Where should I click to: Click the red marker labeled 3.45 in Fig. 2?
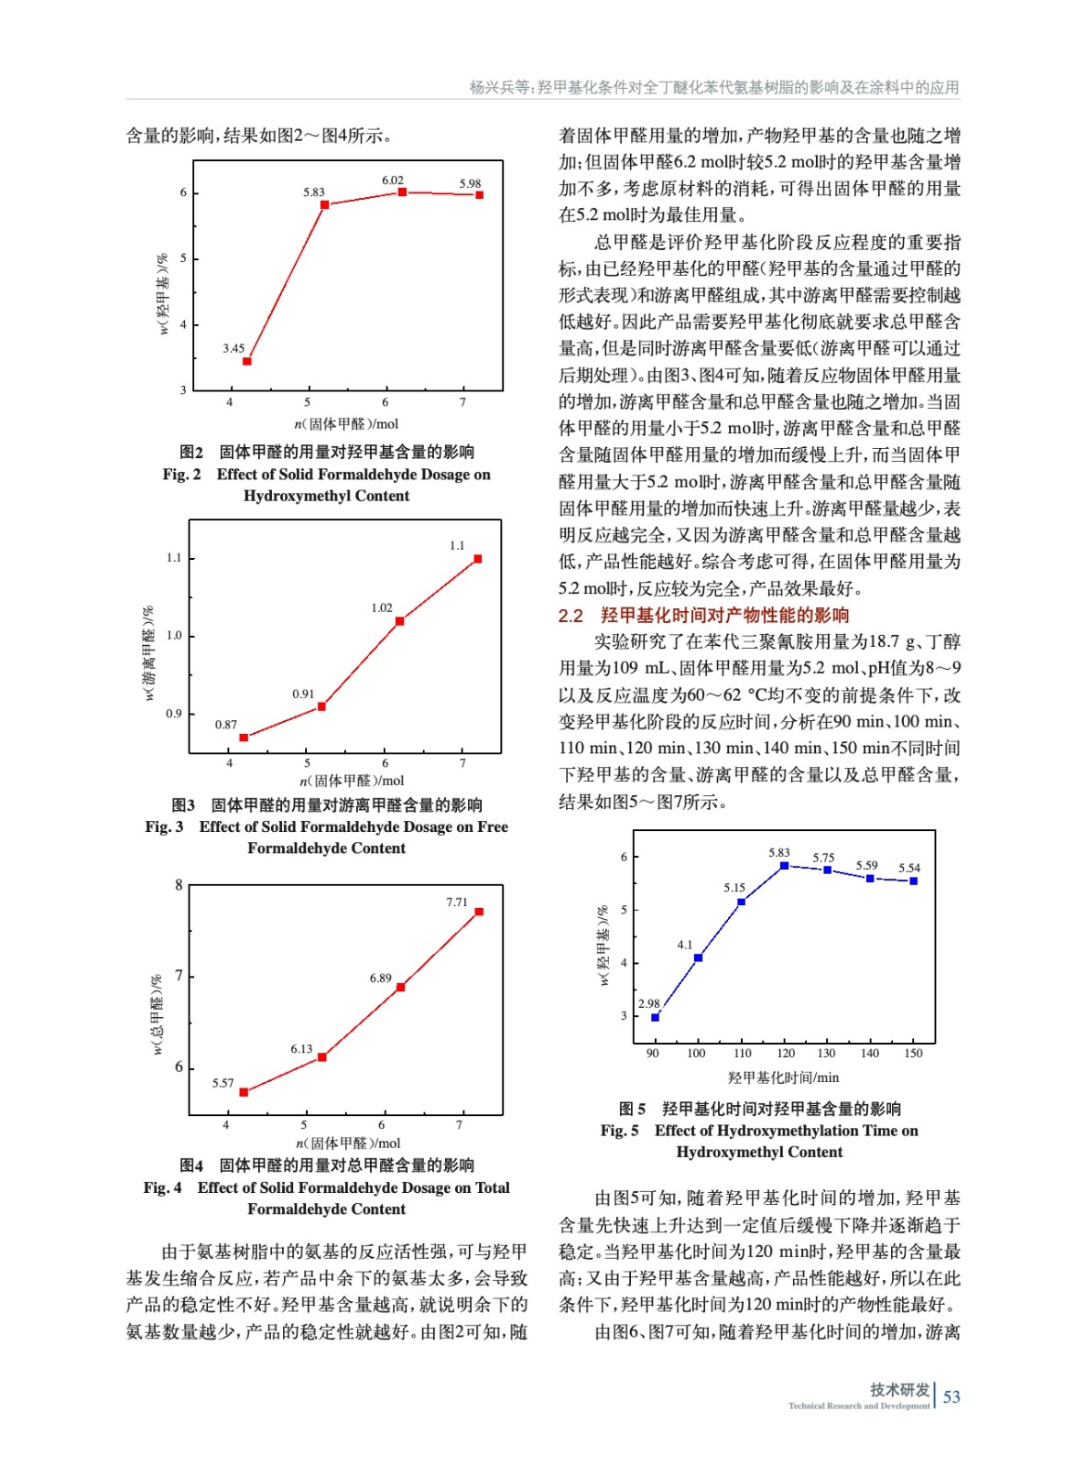pyautogui.click(x=246, y=361)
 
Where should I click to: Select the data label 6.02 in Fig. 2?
pyautogui.click(x=392, y=181)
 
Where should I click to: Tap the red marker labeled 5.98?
pyautogui.click(x=479, y=195)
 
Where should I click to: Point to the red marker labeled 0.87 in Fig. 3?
pyautogui.click(x=244, y=738)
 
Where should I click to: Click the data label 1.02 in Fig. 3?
pyautogui.click(x=382, y=607)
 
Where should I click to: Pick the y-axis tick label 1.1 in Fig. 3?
pyautogui.click(x=174, y=558)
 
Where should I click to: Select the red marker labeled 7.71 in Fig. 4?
pyautogui.click(x=478, y=912)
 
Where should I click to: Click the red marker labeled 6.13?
pyautogui.click(x=321, y=1057)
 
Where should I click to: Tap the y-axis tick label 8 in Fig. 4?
pyautogui.click(x=179, y=885)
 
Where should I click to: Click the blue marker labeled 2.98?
pyautogui.click(x=655, y=1017)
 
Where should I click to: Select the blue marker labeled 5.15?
pyautogui.click(x=741, y=902)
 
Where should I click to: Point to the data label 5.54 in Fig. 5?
pyautogui.click(x=908, y=868)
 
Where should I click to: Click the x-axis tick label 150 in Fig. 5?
pyautogui.click(x=913, y=1054)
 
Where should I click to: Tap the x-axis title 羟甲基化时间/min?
pyautogui.click(x=783, y=1078)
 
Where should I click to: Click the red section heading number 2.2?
pyautogui.click(x=571, y=616)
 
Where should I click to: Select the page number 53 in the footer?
pyautogui.click(x=951, y=1396)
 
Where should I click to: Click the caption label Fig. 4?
pyautogui.click(x=162, y=1187)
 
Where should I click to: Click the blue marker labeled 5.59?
pyautogui.click(x=870, y=878)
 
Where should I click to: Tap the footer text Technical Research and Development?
pyautogui.click(x=858, y=1406)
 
